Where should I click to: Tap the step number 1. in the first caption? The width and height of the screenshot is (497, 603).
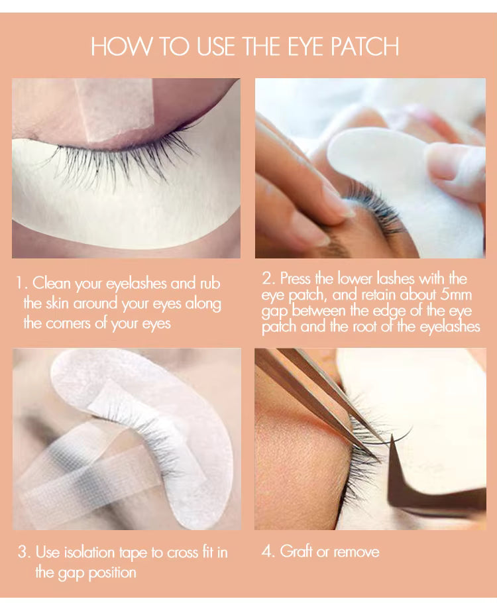(22, 284)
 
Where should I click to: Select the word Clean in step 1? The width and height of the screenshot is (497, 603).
(51, 284)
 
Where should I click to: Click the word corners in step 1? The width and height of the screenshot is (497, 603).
(74, 323)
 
